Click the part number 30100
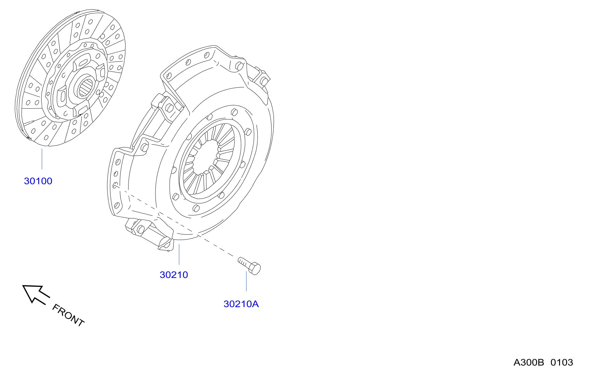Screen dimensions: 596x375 point(38,181)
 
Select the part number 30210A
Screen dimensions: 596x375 point(241,304)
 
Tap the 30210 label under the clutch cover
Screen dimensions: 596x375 point(174,275)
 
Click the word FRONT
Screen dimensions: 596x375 point(68,315)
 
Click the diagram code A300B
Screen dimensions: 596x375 point(528,363)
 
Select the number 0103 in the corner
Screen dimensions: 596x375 point(562,363)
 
